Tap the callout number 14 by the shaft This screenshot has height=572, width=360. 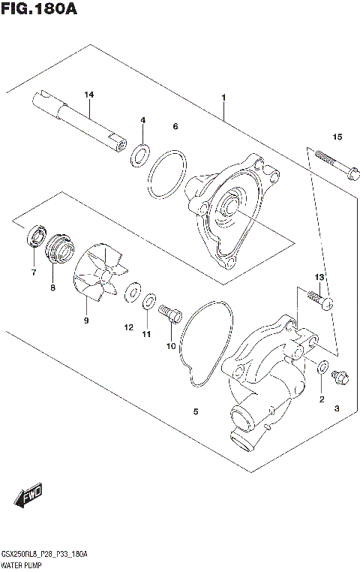click(89, 95)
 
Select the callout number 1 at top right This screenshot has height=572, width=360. click(223, 98)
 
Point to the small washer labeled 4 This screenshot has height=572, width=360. click(139, 156)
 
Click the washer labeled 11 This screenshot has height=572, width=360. click(149, 302)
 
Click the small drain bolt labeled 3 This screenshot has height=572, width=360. click(338, 378)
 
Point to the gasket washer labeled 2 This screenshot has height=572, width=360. click(322, 369)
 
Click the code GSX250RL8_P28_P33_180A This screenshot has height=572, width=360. click(45, 554)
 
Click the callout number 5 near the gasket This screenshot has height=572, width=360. click(195, 411)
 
